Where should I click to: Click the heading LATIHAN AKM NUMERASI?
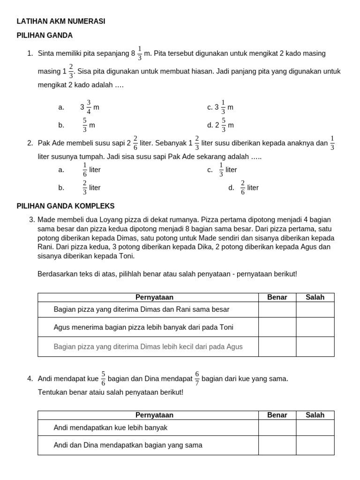click(x=61, y=21)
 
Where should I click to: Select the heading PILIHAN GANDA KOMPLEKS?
click(x=66, y=206)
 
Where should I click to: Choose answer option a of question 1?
click(x=89, y=107)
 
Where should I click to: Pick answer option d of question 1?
click(x=220, y=125)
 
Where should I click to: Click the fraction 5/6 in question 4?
click(x=103, y=378)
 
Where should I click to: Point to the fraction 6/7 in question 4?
click(x=197, y=378)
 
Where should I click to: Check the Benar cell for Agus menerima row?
click(x=277, y=327)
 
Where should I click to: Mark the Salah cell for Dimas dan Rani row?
click(x=315, y=309)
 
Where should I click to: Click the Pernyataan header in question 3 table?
click(x=154, y=297)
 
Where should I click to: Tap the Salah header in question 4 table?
click(x=315, y=415)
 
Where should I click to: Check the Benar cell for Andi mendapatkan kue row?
click(x=277, y=427)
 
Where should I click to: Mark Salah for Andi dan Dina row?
click(x=315, y=445)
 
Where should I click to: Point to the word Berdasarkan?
click(x=58, y=274)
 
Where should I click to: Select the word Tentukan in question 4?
click(x=52, y=391)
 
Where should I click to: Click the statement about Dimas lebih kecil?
click(x=148, y=347)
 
